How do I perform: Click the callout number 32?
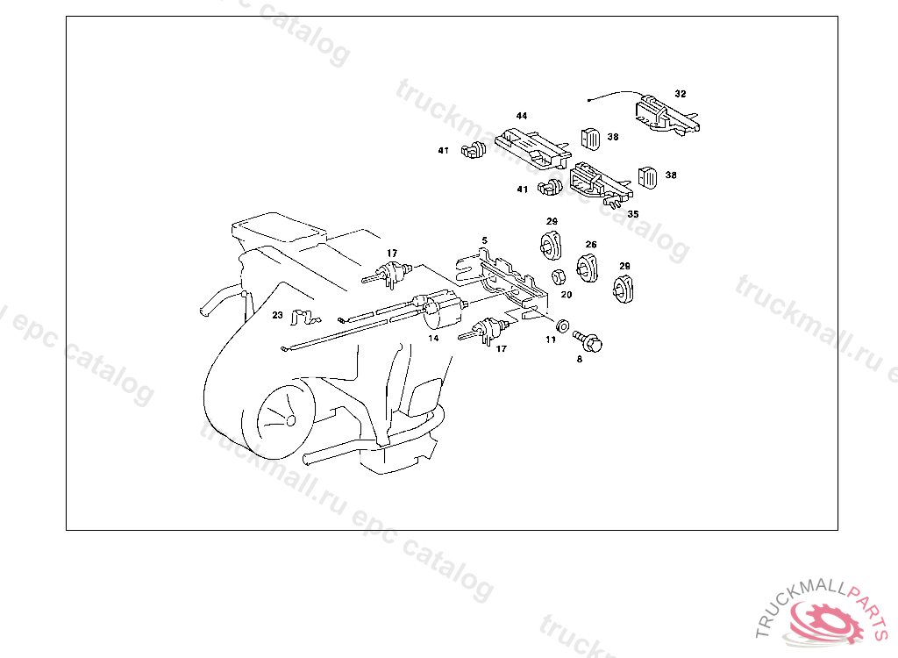tap(681, 94)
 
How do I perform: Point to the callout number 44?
tap(522, 116)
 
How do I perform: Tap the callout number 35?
tap(633, 214)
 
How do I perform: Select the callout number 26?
tap(591, 245)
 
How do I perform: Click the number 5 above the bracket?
tap(484, 240)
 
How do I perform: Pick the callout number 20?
tap(567, 295)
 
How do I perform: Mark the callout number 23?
tap(278, 315)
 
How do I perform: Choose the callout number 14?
tap(433, 338)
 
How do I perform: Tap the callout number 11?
tap(551, 340)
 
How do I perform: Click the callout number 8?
tap(580, 360)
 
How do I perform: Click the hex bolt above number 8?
tap(588, 340)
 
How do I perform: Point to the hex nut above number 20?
tap(559, 277)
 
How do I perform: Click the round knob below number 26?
tap(587, 268)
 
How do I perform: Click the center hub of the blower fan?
tap(290, 421)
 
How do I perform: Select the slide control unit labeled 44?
tap(532, 148)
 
